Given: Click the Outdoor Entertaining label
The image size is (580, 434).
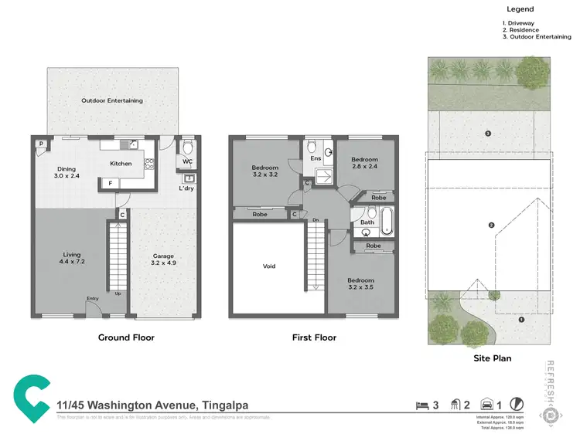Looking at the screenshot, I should [x=112, y=100].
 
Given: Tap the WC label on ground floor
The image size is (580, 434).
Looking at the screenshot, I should [x=187, y=162].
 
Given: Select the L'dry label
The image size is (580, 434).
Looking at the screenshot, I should [x=186, y=188].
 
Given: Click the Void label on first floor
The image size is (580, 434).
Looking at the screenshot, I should [x=268, y=266].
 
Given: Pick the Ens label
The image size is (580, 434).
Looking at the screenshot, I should [x=316, y=159].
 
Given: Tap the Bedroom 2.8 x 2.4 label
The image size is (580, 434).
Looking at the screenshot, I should [x=364, y=163].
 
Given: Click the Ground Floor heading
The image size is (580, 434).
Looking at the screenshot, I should [x=126, y=337].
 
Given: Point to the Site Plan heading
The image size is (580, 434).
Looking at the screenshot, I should [x=492, y=358].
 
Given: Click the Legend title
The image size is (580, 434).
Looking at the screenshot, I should [x=520, y=9].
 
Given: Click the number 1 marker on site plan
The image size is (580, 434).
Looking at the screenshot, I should [x=521, y=319].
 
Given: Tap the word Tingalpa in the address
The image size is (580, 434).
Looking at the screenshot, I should [x=227, y=405].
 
